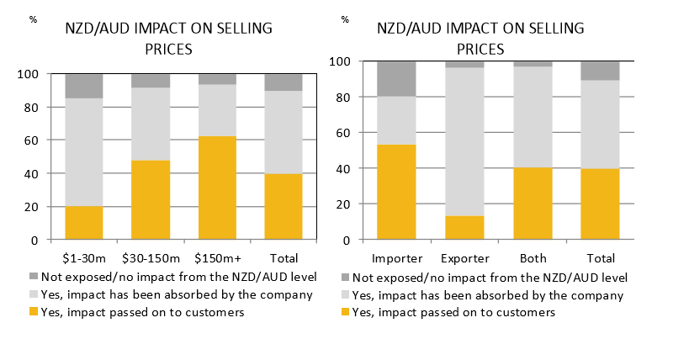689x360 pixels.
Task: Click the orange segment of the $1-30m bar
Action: click(83, 223)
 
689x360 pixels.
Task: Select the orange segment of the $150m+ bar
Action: click(217, 188)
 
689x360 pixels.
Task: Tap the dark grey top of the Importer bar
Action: click(396, 78)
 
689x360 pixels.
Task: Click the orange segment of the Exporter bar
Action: click(464, 228)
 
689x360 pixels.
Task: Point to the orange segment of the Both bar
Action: click(532, 204)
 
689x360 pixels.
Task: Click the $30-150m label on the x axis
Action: click(151, 256)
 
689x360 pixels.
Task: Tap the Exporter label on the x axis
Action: click(464, 256)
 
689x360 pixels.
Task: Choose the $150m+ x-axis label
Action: click(217, 256)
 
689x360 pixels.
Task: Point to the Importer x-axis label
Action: click(396, 256)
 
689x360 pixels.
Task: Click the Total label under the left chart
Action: click(284, 256)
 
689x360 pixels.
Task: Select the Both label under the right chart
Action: click(532, 256)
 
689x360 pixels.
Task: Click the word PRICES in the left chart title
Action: click(169, 49)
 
